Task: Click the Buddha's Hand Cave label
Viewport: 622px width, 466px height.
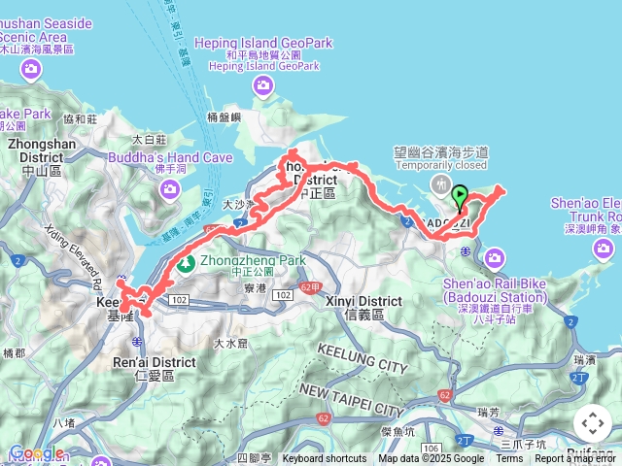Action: click(170, 157)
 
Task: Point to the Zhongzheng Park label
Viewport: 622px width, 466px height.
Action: click(253, 260)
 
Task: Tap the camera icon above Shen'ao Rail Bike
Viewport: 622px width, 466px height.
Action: click(495, 256)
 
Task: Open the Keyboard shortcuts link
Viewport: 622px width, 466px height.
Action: click(325, 459)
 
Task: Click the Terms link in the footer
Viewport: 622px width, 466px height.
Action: click(509, 459)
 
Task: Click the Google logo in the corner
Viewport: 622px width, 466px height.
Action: click(37, 452)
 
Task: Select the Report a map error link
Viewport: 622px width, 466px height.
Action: click(574, 459)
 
